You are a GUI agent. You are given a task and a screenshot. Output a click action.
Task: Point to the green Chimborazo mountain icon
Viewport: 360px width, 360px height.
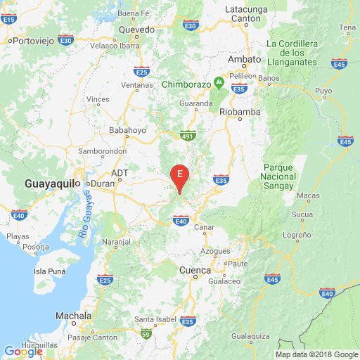click(x=219, y=83)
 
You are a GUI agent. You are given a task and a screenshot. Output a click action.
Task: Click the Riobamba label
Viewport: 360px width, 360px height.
click(x=240, y=111)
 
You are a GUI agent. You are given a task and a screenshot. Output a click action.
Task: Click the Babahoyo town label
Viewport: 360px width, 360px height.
click(x=127, y=130)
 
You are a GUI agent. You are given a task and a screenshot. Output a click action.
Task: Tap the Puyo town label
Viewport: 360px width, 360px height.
click(x=323, y=91)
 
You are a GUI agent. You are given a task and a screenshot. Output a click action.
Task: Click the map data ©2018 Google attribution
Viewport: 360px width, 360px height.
click(x=316, y=354)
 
